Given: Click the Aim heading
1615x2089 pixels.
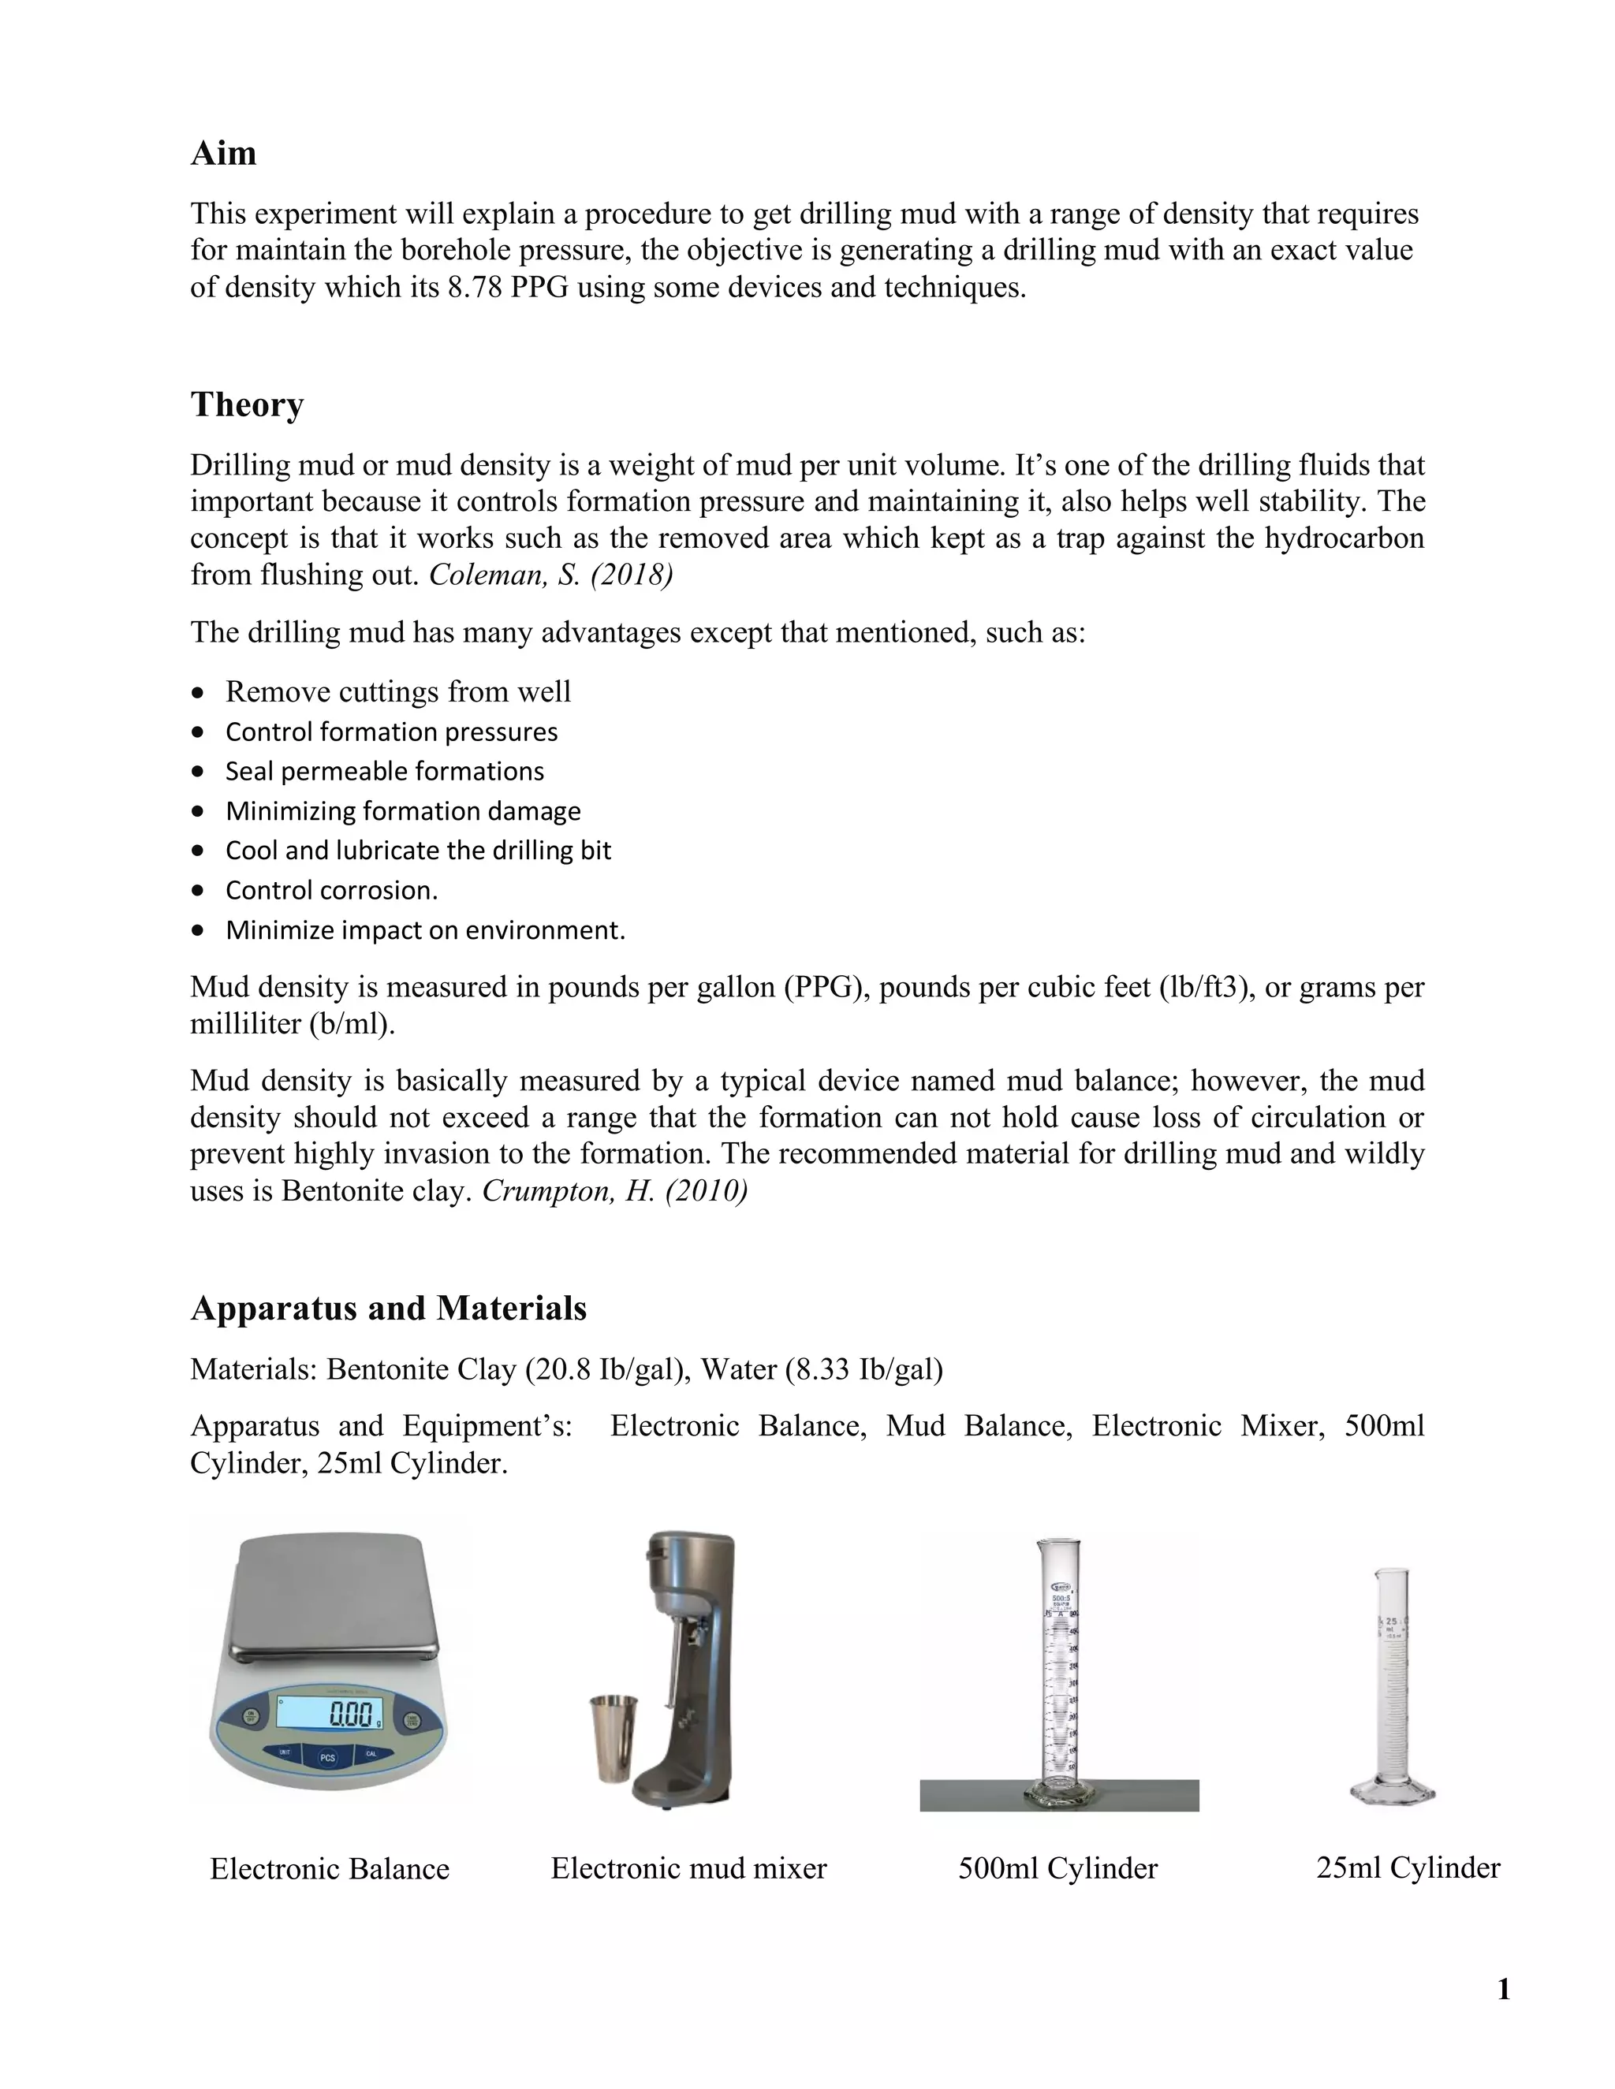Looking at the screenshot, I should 223,153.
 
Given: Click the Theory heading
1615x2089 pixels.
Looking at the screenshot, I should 247,404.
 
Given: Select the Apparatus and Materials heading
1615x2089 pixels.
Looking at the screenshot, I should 389,1308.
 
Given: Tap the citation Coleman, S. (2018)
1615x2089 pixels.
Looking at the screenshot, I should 551,575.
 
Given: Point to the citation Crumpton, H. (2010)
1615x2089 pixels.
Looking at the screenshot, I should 615,1191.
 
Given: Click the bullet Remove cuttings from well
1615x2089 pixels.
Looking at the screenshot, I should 398,691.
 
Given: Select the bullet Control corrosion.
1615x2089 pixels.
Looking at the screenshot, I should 331,891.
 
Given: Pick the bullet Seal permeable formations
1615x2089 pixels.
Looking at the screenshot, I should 385,771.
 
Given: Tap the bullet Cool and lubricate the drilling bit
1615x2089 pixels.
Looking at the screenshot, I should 418,851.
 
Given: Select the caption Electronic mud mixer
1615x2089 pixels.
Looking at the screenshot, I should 689,1868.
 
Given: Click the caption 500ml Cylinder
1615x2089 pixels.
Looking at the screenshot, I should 1057,1868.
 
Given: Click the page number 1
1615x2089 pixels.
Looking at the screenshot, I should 1503,1990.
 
